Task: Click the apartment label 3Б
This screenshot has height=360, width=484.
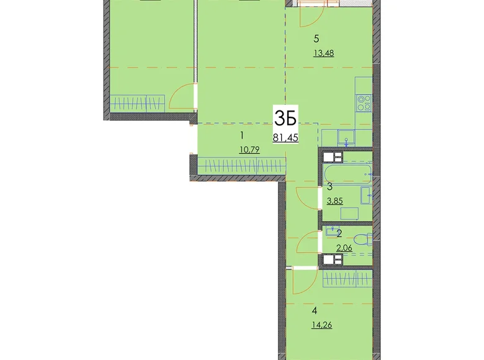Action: tap(285, 119)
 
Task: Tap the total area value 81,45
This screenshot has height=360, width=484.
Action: tap(285, 138)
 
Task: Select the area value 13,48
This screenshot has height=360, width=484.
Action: tap(324, 53)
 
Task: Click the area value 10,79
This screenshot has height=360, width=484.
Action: tap(249, 150)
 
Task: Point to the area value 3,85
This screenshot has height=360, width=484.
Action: tap(334, 201)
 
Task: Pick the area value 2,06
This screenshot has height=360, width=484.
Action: tap(344, 248)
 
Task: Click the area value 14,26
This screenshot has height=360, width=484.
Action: tap(321, 325)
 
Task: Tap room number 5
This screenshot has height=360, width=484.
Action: tap(316, 39)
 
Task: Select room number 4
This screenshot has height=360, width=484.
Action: tap(314, 311)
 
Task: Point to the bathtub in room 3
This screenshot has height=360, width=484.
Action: tap(347, 174)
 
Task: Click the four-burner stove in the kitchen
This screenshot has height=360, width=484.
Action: tap(364, 103)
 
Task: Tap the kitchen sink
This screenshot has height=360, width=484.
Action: tap(346, 138)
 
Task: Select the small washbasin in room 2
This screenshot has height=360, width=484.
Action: tap(332, 231)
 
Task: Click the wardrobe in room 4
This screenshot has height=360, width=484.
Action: tap(347, 279)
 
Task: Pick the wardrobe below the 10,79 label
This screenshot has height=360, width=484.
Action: tap(241, 166)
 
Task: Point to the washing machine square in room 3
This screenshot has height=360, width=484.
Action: tap(349, 214)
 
